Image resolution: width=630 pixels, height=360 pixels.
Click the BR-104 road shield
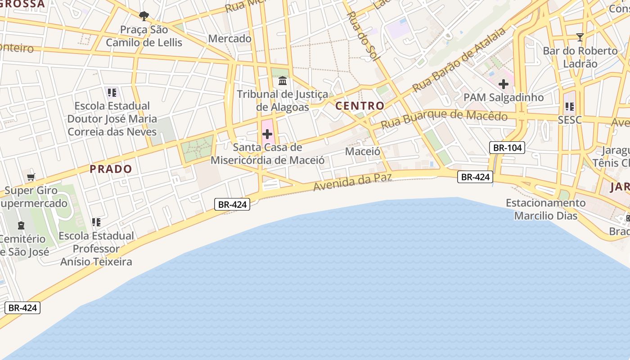pos(507,148)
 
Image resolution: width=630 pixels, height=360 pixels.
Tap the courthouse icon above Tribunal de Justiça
pos(283,81)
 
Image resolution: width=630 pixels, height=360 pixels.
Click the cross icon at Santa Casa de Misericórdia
pos(267,134)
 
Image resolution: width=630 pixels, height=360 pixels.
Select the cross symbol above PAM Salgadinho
pos(503,84)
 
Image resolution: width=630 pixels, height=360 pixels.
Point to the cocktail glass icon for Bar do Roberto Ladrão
pos(580,37)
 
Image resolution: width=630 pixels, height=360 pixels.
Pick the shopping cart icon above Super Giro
pos(31,177)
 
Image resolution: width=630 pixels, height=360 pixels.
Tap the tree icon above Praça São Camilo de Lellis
pos(144,17)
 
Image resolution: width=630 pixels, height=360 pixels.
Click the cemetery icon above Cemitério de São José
pos(21,225)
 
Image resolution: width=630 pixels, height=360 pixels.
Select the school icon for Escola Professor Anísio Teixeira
pos(96,222)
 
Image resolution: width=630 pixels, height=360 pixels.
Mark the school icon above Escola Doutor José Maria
pos(112,93)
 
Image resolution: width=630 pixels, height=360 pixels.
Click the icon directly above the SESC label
pos(569,107)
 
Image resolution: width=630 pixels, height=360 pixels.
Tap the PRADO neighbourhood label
pos(111,169)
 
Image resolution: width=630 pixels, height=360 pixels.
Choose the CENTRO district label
pos(360,106)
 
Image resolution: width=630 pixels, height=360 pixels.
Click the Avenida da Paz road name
pos(352,182)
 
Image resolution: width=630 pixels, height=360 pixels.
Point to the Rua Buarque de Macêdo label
pos(444,118)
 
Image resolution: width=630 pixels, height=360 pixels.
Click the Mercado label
pos(229,39)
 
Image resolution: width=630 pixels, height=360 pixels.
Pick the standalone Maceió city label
pos(363,151)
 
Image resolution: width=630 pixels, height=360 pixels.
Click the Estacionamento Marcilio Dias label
pos(545,209)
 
